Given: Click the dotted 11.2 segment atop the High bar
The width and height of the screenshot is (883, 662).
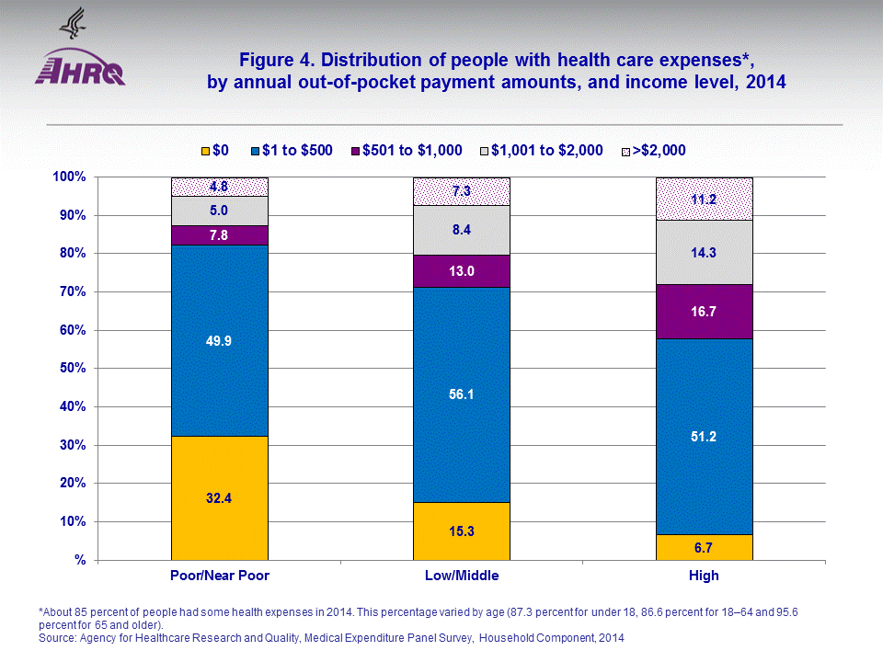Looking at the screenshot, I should coord(704,198).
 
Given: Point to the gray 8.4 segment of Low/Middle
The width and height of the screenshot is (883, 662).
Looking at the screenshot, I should coord(461,230).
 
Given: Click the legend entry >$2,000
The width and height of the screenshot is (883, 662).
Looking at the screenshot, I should coord(656,150).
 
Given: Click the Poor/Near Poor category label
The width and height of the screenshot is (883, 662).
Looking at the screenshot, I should coord(220,576).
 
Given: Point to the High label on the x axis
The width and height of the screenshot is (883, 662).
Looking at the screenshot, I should coord(704,576).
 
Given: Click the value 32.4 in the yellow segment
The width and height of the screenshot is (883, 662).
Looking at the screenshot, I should coord(219,497).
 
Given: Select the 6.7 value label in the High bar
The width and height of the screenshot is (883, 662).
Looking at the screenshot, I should coord(704,548).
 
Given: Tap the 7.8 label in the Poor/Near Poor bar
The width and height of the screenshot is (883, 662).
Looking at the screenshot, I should coord(219,234).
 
